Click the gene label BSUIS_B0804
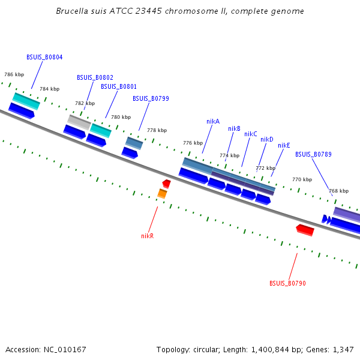click(44, 57)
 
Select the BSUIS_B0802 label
click(95, 77)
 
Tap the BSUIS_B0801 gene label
click(119, 86)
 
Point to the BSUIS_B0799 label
click(151, 98)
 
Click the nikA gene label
click(213, 121)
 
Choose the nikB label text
click(234, 128)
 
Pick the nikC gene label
click(251, 134)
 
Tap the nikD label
click(267, 139)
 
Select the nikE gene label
click(284, 145)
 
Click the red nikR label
click(148, 236)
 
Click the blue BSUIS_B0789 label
click(313, 154)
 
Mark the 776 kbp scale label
click(193, 143)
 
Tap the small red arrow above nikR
click(166, 183)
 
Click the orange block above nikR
click(162, 193)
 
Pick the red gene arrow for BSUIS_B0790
click(305, 230)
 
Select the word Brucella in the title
click(71, 11)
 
